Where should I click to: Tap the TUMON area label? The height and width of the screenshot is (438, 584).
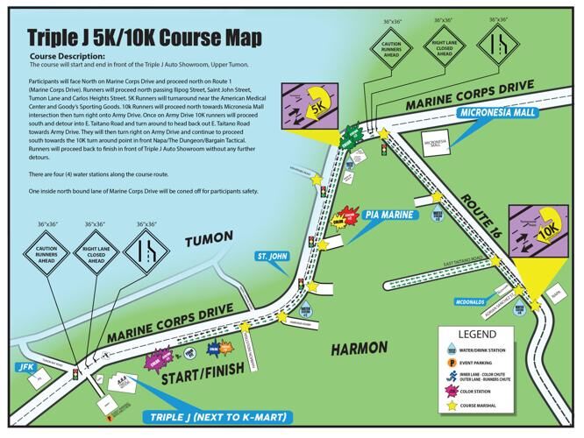(210, 243)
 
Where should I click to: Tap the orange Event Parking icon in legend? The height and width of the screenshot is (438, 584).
(453, 362)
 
